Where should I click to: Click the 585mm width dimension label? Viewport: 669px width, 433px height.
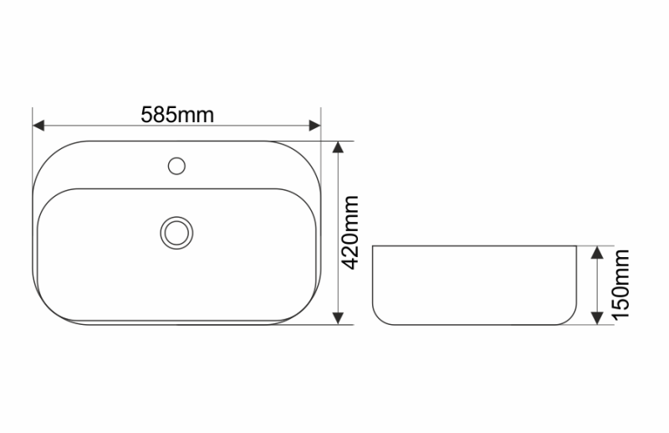pyautogui.click(x=176, y=115)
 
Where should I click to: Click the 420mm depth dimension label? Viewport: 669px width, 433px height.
pyautogui.click(x=351, y=232)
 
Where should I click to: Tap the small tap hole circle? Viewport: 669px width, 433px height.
pyautogui.click(x=176, y=165)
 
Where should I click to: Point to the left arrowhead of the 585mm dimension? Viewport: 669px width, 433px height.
pyautogui.click(x=38, y=126)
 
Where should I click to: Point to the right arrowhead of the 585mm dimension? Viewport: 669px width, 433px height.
pyautogui.click(x=315, y=126)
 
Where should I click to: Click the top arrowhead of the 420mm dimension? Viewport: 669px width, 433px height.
pyautogui.click(x=338, y=147)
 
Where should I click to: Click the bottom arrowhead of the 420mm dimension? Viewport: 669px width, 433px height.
pyautogui.click(x=338, y=318)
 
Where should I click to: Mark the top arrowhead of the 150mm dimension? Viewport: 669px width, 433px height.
pyautogui.click(x=597, y=252)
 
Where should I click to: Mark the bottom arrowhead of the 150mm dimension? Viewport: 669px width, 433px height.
pyautogui.click(x=597, y=318)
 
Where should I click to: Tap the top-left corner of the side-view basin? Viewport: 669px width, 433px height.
pyautogui.click(x=373, y=247)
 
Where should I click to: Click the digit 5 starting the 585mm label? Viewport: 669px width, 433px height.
pyautogui.click(x=146, y=115)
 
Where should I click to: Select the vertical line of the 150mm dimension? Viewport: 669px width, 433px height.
pyautogui.click(x=597, y=286)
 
